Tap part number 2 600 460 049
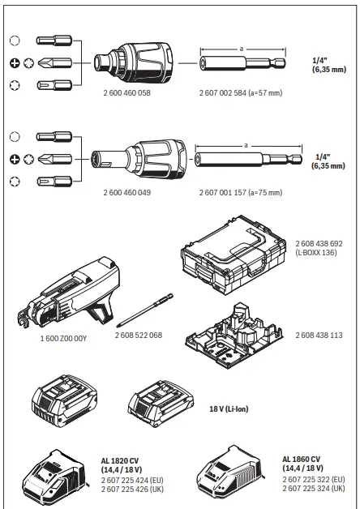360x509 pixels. (x=127, y=193)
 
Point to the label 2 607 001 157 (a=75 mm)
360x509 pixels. (x=242, y=193)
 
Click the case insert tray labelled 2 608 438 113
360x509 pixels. (x=234, y=332)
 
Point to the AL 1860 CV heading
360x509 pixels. (x=302, y=459)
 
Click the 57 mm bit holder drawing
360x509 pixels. (x=243, y=62)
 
